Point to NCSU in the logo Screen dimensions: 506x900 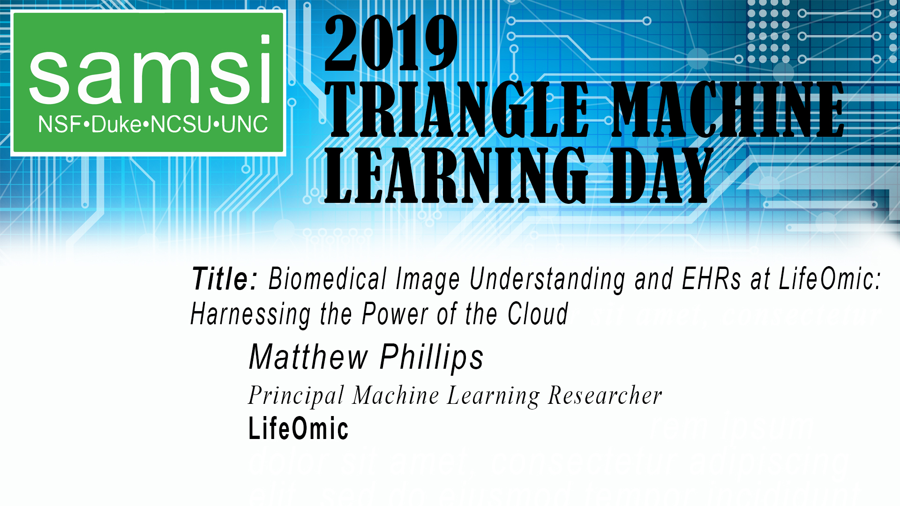click(180, 125)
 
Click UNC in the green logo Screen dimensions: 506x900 click(244, 125)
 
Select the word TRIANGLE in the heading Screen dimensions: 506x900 click(457, 110)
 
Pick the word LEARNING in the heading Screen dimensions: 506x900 click(456, 176)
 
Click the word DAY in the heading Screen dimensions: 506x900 click(661, 176)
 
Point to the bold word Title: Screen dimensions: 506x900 click(225, 280)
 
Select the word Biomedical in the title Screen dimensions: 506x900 click(328, 280)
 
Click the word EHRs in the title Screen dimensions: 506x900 click(711, 280)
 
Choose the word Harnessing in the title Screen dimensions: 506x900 click(250, 314)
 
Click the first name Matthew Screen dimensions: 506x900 click(308, 357)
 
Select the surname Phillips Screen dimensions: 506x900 click(432, 357)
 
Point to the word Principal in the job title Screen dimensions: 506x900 click(296, 396)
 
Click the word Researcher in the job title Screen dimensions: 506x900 click(605, 396)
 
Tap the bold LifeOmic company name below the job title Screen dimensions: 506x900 click(298, 429)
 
